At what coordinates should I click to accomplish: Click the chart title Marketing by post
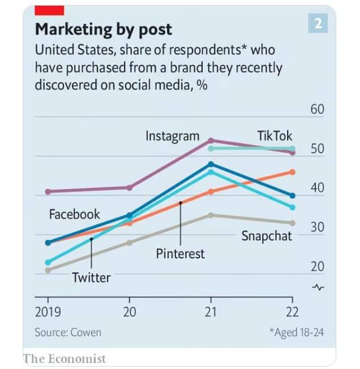click(103, 29)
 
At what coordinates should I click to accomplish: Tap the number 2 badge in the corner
click(318, 23)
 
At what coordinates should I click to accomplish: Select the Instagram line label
click(172, 136)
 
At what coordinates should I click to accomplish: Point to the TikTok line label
click(275, 136)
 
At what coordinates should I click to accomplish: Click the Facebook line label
click(74, 214)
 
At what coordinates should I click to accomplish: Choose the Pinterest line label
click(180, 253)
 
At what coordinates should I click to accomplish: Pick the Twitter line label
click(92, 277)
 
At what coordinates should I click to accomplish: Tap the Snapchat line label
click(267, 236)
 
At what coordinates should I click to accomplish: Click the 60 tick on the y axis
click(317, 109)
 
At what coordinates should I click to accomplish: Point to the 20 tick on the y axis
click(317, 267)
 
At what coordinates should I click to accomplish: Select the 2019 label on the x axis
click(48, 311)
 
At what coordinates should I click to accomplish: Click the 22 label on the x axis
click(292, 311)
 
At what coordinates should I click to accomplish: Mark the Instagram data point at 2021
click(211, 140)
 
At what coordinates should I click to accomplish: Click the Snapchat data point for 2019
click(48, 270)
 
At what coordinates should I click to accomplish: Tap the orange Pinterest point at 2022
click(292, 172)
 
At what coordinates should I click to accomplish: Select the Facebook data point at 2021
click(211, 164)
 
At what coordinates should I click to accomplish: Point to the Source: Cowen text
click(68, 332)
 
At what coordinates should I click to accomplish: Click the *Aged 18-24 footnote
click(297, 332)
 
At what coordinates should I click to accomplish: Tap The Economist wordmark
click(64, 358)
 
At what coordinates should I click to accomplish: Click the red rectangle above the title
click(49, 10)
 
